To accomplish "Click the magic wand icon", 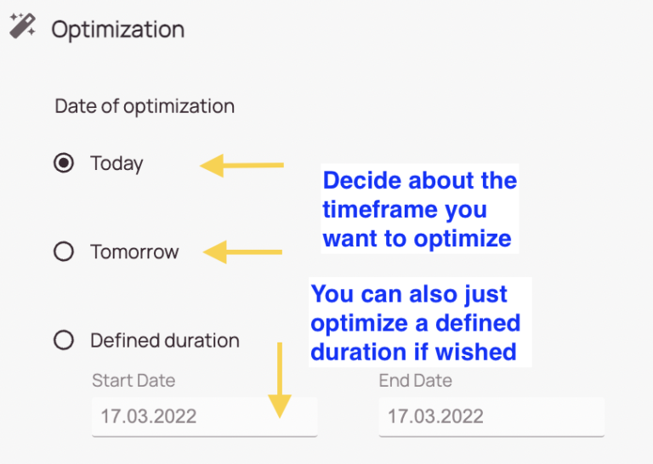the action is coord(23,25).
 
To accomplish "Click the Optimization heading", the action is coord(118,30).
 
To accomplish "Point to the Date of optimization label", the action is coord(145,106).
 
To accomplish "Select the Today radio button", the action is coord(64,162).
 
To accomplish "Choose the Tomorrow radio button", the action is coord(64,252).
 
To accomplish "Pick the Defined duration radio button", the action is coord(64,340).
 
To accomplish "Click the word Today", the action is coord(116,163).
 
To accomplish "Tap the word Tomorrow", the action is coord(134,252).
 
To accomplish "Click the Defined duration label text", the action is coord(165,341).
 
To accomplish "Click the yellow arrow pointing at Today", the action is coord(242,165).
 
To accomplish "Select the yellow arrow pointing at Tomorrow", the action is coord(243,252).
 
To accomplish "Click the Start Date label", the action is coord(133,381).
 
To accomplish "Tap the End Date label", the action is coord(415,381).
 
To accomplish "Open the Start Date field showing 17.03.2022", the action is coord(204,416).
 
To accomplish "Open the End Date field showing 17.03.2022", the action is coord(491,416).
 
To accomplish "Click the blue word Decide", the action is coord(361,181).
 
